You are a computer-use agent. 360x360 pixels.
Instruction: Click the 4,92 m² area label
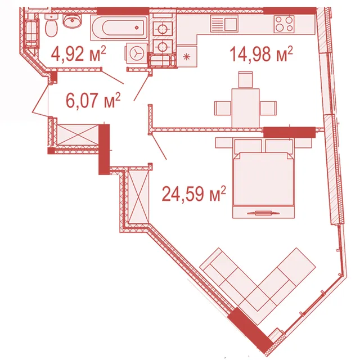point(78,54)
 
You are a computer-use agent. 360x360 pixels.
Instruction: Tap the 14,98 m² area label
point(261,54)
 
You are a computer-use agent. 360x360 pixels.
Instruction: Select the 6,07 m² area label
point(93,100)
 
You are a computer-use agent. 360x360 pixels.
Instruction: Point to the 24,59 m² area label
point(193,193)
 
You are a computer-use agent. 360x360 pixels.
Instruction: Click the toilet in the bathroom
point(51,25)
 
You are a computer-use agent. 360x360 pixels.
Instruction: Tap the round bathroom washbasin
point(73,21)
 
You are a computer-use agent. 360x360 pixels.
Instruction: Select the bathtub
point(119,28)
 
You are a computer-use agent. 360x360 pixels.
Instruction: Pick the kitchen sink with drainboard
point(224,24)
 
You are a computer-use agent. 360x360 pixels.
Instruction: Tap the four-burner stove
point(284,24)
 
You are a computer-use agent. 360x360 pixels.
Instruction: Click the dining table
point(245,108)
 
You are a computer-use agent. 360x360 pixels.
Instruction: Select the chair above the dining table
point(245,80)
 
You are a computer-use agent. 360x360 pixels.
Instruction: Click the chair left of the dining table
point(223,108)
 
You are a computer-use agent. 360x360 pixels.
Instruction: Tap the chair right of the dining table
point(268,108)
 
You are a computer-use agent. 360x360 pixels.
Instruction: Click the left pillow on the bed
point(248,146)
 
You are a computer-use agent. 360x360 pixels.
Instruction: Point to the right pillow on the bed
point(279,146)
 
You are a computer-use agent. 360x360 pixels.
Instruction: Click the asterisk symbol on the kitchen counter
point(187,56)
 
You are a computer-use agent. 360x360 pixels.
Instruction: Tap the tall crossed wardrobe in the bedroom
point(138,195)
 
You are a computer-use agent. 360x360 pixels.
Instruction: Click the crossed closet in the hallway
point(78,135)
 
